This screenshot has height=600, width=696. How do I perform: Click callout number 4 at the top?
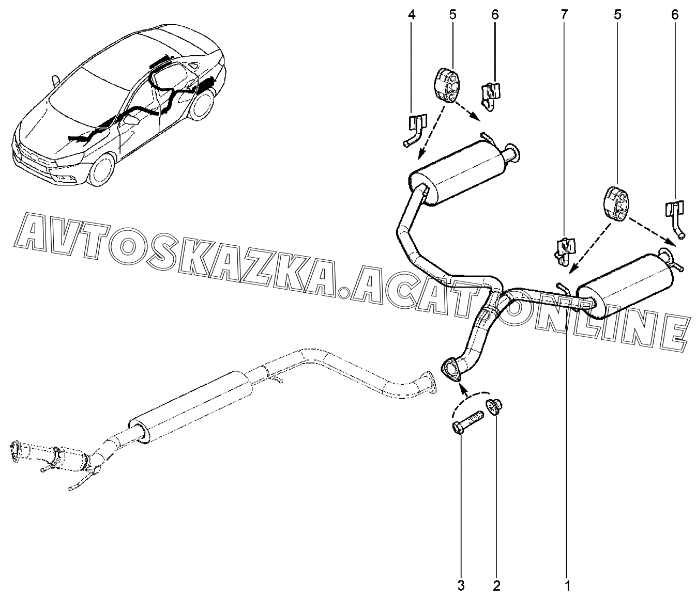coord(412,15)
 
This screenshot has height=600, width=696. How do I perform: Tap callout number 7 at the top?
coord(564,15)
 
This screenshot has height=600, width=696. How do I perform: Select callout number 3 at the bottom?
coord(461,586)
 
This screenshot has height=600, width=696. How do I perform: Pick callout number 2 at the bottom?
coord(496,586)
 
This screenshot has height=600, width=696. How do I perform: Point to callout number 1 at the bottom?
coord(567,586)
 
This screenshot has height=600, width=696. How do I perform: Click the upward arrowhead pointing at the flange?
coord(464,389)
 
